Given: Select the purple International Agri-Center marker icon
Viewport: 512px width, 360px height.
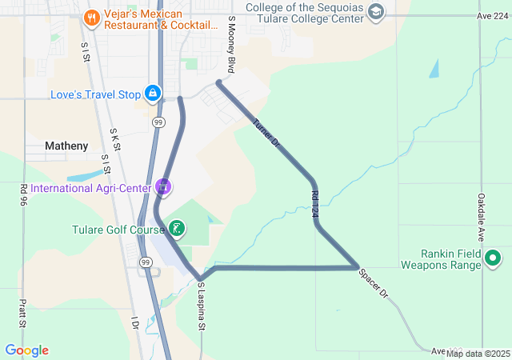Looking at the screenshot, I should point(163,187).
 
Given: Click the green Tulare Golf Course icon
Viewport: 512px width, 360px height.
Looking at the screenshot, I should point(176,230).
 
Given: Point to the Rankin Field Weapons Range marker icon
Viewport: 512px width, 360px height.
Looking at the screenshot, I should point(493,258).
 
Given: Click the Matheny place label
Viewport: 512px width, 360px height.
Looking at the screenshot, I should point(66,146).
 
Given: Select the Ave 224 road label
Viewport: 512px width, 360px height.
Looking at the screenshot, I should point(491,15).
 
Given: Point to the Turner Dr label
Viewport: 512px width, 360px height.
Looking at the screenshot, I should point(265,133).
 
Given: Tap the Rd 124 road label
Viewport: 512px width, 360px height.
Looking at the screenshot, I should point(314,203).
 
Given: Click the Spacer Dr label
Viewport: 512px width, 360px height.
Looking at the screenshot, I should point(373,283).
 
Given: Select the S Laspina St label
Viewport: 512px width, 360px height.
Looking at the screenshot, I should point(202,306).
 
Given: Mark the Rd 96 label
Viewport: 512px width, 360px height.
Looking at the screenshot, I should point(23,194).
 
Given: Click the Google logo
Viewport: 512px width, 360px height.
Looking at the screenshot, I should point(26,350).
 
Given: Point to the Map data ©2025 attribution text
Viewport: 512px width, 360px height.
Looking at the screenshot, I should point(478,353).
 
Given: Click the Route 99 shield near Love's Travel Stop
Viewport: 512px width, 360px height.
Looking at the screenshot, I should point(158,122).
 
